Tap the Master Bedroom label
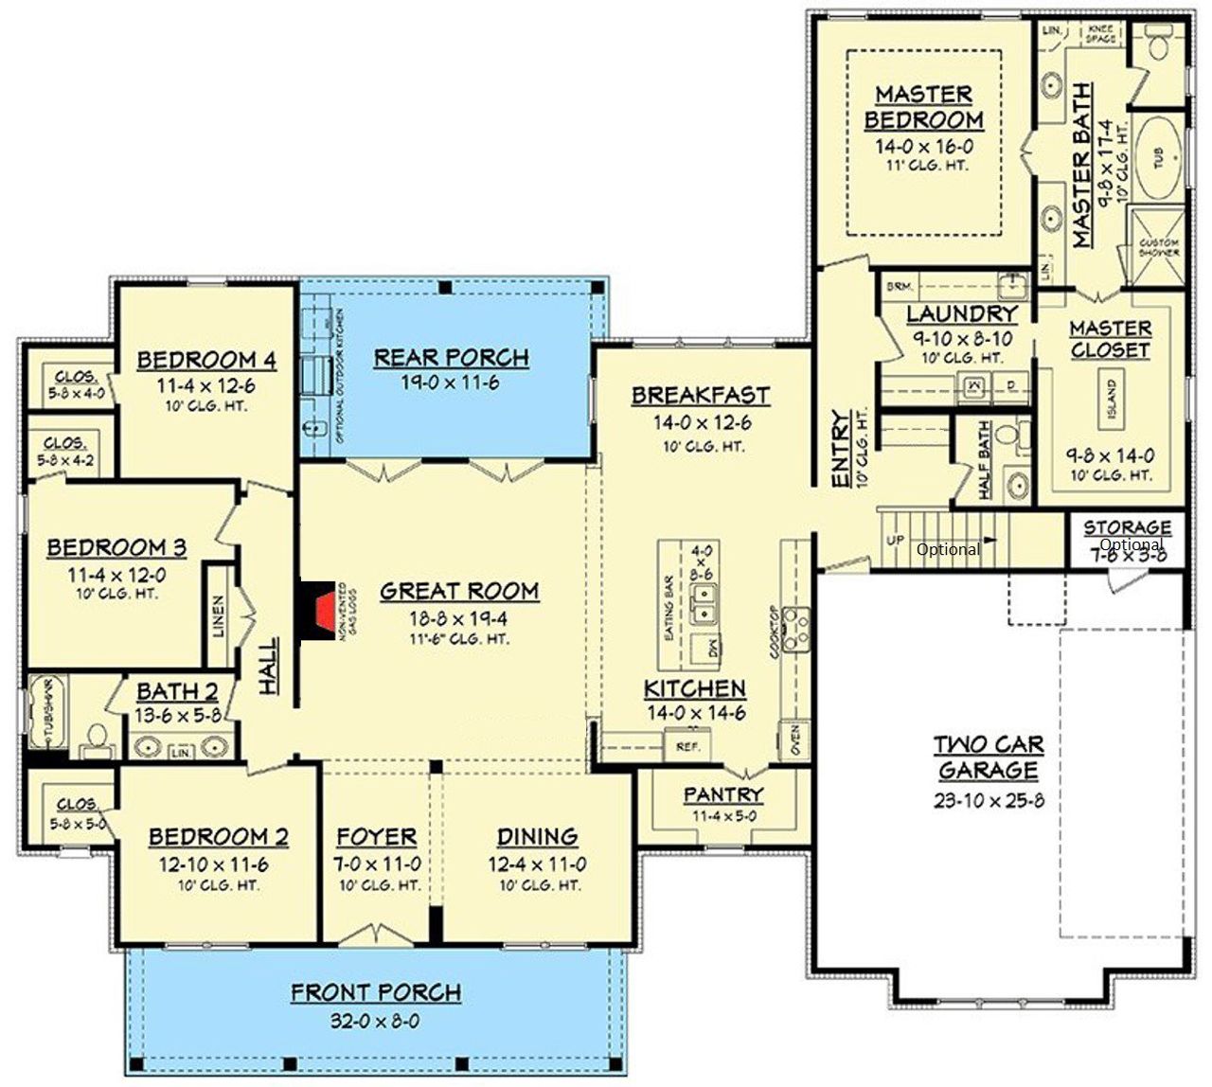(x=923, y=107)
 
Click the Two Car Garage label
(x=989, y=757)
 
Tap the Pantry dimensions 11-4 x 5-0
(x=723, y=816)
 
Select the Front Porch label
(x=376, y=993)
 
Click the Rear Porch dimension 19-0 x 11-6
(x=451, y=383)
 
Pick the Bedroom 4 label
(x=206, y=361)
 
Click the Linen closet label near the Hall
(x=219, y=615)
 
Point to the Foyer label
(x=377, y=837)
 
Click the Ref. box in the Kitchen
(x=686, y=746)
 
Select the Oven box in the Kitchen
(x=794, y=740)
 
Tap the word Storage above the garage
(x=1127, y=527)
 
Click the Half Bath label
(x=984, y=460)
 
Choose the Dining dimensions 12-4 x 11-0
(x=537, y=864)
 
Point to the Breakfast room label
(x=701, y=395)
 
